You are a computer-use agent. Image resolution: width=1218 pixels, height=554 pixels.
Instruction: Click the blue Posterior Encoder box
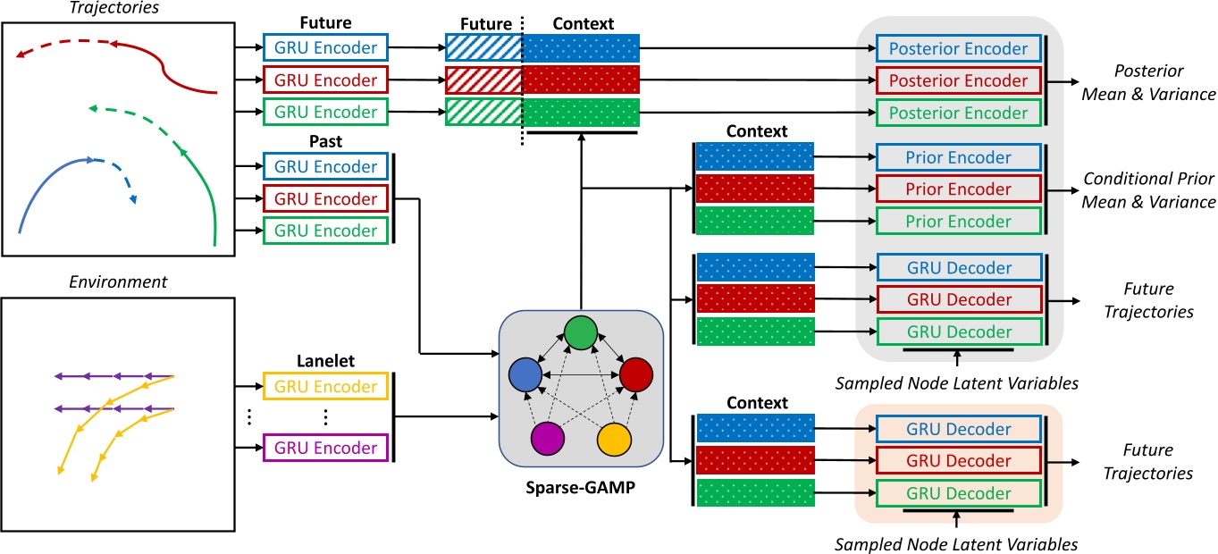pyautogui.click(x=959, y=48)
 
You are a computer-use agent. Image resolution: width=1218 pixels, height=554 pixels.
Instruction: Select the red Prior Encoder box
pyautogui.click(x=959, y=189)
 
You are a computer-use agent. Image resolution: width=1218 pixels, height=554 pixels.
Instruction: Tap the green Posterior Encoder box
pyautogui.click(x=959, y=113)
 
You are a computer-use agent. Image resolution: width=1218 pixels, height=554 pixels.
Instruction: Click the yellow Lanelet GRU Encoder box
pyautogui.click(x=325, y=387)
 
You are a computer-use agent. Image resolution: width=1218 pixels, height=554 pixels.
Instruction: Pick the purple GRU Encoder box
pyautogui.click(x=325, y=446)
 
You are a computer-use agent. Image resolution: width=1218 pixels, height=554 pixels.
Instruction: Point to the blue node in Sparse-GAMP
pyautogui.click(x=525, y=374)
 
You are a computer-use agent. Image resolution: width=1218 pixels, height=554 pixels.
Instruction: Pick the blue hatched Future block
pyautogui.click(x=483, y=47)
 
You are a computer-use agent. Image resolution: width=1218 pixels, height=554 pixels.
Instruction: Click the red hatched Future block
pyautogui.click(x=483, y=80)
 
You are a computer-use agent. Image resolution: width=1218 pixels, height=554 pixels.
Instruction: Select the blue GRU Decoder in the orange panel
pyautogui.click(x=959, y=429)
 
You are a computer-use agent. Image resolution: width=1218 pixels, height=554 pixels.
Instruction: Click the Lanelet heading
pyautogui.click(x=325, y=360)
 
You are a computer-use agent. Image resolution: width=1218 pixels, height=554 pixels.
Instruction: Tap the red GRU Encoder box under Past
pyautogui.click(x=325, y=198)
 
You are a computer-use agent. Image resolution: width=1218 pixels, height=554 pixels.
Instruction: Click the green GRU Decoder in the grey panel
pyautogui.click(x=959, y=332)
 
